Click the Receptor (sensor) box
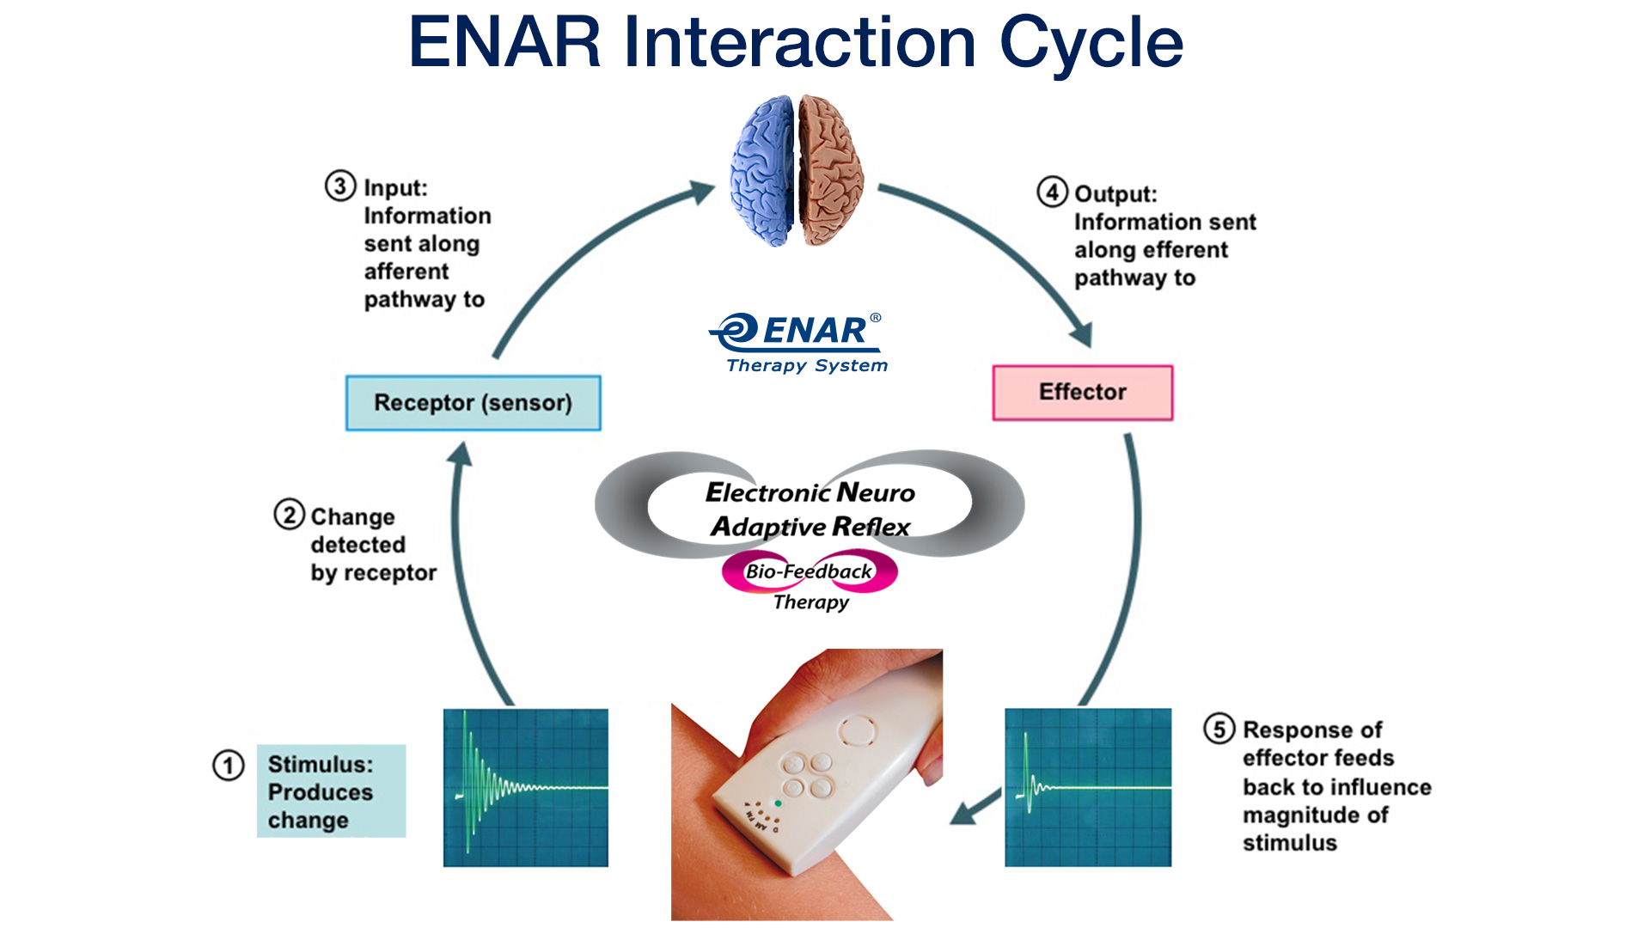pyautogui.click(x=473, y=403)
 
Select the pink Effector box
pyautogui.click(x=1082, y=393)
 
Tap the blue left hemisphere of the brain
pyautogui.click(x=762, y=172)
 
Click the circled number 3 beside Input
pyautogui.click(x=340, y=186)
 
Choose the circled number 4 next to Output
pyautogui.click(x=1052, y=192)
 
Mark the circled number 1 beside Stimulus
pyautogui.click(x=229, y=765)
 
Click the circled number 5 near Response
pyautogui.click(x=1219, y=729)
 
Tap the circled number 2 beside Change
pyautogui.click(x=290, y=515)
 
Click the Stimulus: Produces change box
pyautogui.click(x=331, y=791)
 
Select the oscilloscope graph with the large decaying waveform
pyautogui.click(x=525, y=787)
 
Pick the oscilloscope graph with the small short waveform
pyautogui.click(x=1087, y=787)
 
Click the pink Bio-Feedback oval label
pyautogui.click(x=809, y=571)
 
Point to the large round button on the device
pyautogui.click(x=857, y=731)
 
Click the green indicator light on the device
pyautogui.click(x=778, y=803)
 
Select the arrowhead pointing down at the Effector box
pyautogui.click(x=1082, y=335)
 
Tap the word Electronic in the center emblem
pyautogui.click(x=767, y=492)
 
